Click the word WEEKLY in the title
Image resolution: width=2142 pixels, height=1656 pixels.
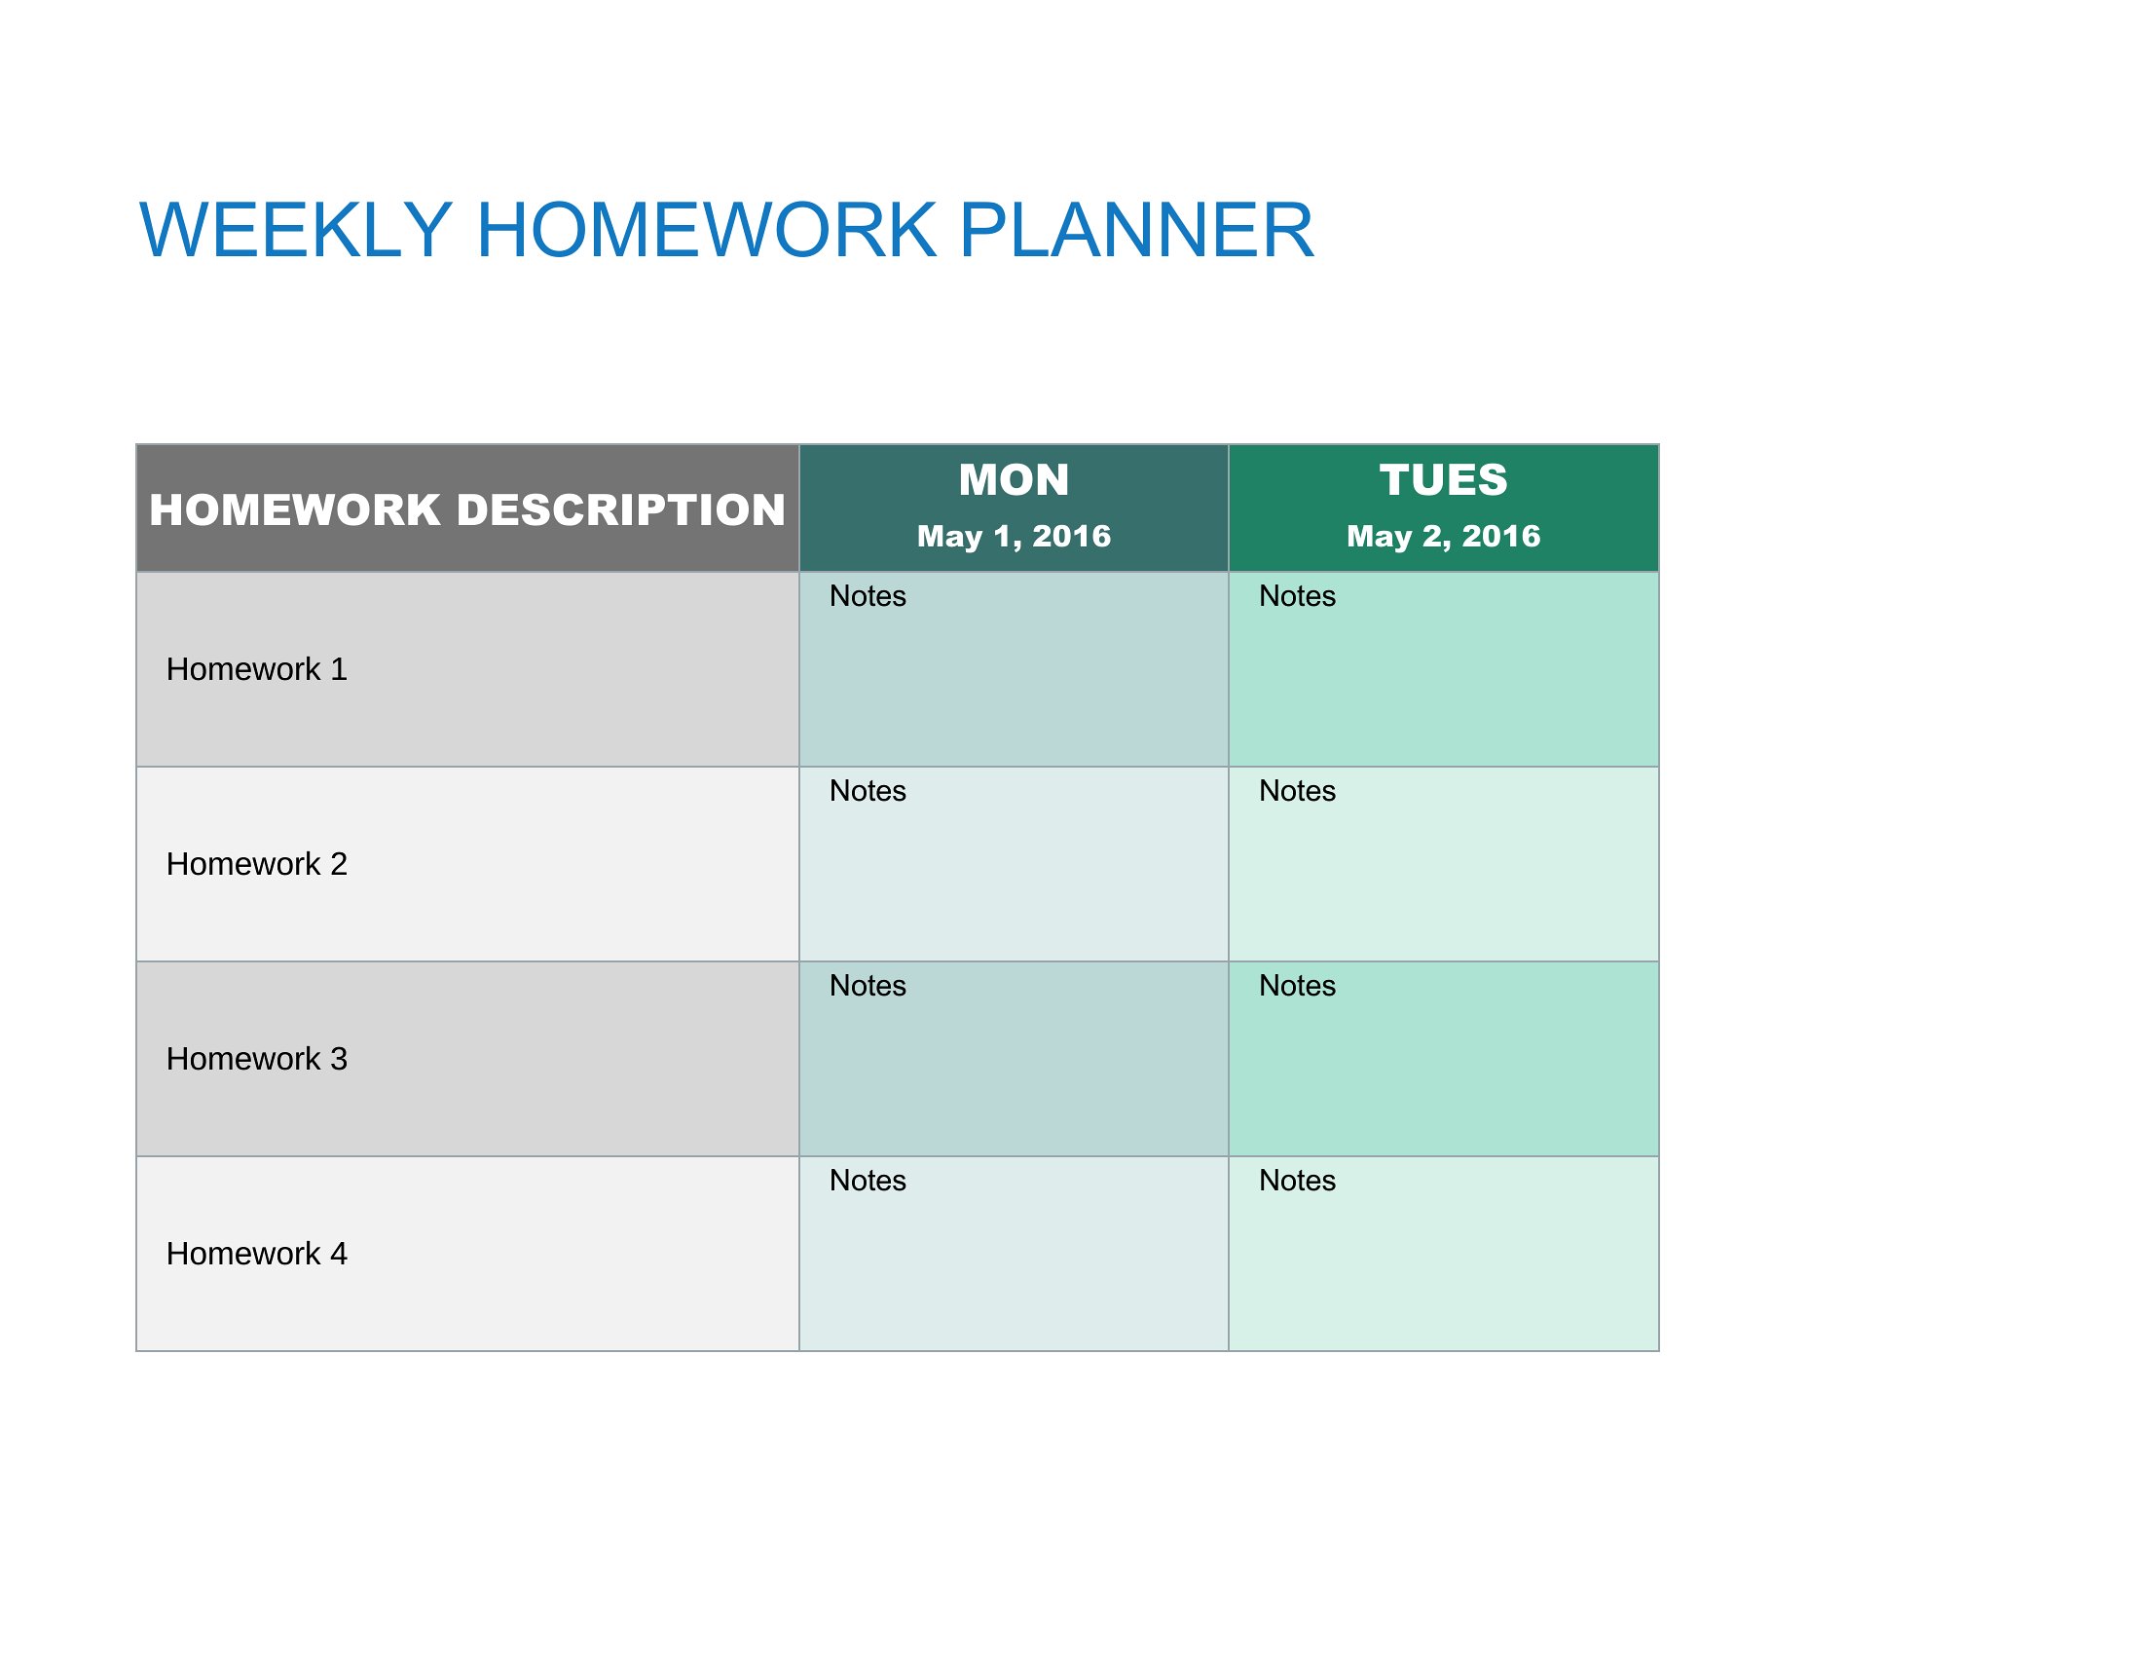tap(296, 230)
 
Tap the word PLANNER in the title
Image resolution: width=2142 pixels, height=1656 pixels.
tap(1135, 230)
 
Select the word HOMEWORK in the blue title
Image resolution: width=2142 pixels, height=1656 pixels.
tap(706, 230)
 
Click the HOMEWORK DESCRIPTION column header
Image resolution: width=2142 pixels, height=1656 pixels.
tap(466, 510)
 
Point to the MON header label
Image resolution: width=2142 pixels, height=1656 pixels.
tap(1014, 479)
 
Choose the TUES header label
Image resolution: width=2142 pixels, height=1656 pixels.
tap(1444, 479)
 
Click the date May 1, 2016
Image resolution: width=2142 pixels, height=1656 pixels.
tap(1014, 536)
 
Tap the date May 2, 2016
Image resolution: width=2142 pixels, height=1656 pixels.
tap(1444, 536)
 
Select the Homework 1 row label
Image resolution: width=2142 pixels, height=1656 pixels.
tap(257, 669)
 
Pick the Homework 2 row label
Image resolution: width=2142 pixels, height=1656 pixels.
tap(257, 863)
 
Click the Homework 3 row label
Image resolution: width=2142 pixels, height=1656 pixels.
tap(257, 1059)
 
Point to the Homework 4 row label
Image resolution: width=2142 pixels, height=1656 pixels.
tap(257, 1253)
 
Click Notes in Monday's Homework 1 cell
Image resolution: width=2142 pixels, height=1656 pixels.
tap(868, 595)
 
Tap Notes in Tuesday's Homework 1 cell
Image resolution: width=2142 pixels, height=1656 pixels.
tap(1298, 595)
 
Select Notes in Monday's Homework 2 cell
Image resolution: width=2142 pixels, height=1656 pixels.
tap(868, 791)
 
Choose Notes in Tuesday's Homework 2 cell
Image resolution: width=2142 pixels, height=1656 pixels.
tap(1298, 791)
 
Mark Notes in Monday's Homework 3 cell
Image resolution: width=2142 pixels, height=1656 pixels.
tap(868, 985)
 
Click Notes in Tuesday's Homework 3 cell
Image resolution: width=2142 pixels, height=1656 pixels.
tap(1298, 985)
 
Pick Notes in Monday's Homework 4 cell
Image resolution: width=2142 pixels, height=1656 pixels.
tap(868, 1181)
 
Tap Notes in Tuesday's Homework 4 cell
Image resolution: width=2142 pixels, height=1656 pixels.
tap(1298, 1181)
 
